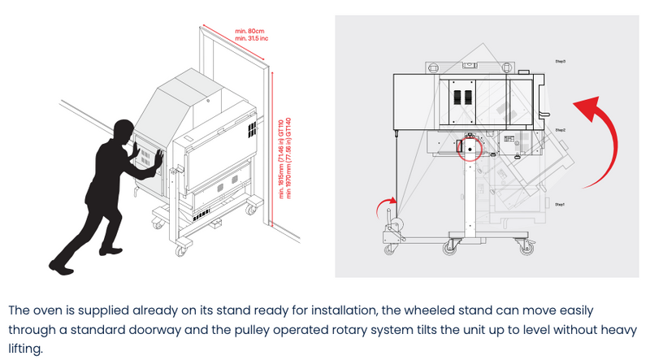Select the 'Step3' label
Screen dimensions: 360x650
tap(561, 61)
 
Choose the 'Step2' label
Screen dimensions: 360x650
tap(561, 130)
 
